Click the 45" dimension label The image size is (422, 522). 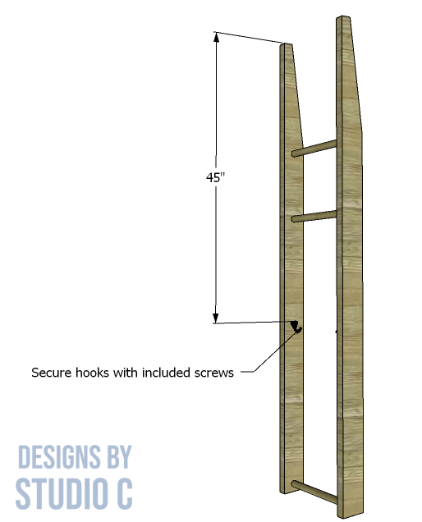215,177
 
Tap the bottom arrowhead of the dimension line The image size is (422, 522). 216,318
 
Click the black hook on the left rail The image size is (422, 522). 296,327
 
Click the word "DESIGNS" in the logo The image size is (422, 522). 58,456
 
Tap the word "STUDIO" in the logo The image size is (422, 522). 60,493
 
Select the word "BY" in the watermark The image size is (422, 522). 119,456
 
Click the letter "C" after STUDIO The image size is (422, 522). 122,493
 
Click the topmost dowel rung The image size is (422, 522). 314,149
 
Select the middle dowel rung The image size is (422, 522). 314,216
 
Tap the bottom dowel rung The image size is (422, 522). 314,492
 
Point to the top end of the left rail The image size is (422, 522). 286,44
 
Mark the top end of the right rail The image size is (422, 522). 343,17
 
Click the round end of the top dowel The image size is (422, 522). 295,153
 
